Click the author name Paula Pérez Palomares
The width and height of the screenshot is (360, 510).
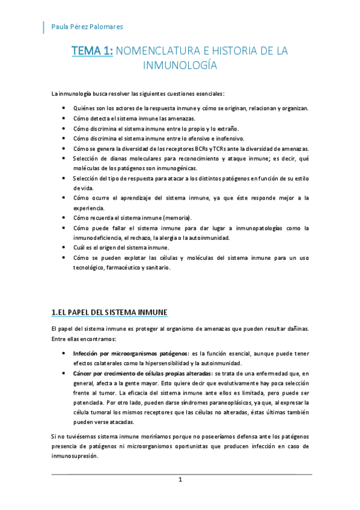(88, 26)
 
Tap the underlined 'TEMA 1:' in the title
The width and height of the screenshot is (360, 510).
(92, 52)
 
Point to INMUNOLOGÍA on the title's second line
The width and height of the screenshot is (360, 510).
(180, 65)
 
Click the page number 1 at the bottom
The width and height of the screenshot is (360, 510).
(179, 479)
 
